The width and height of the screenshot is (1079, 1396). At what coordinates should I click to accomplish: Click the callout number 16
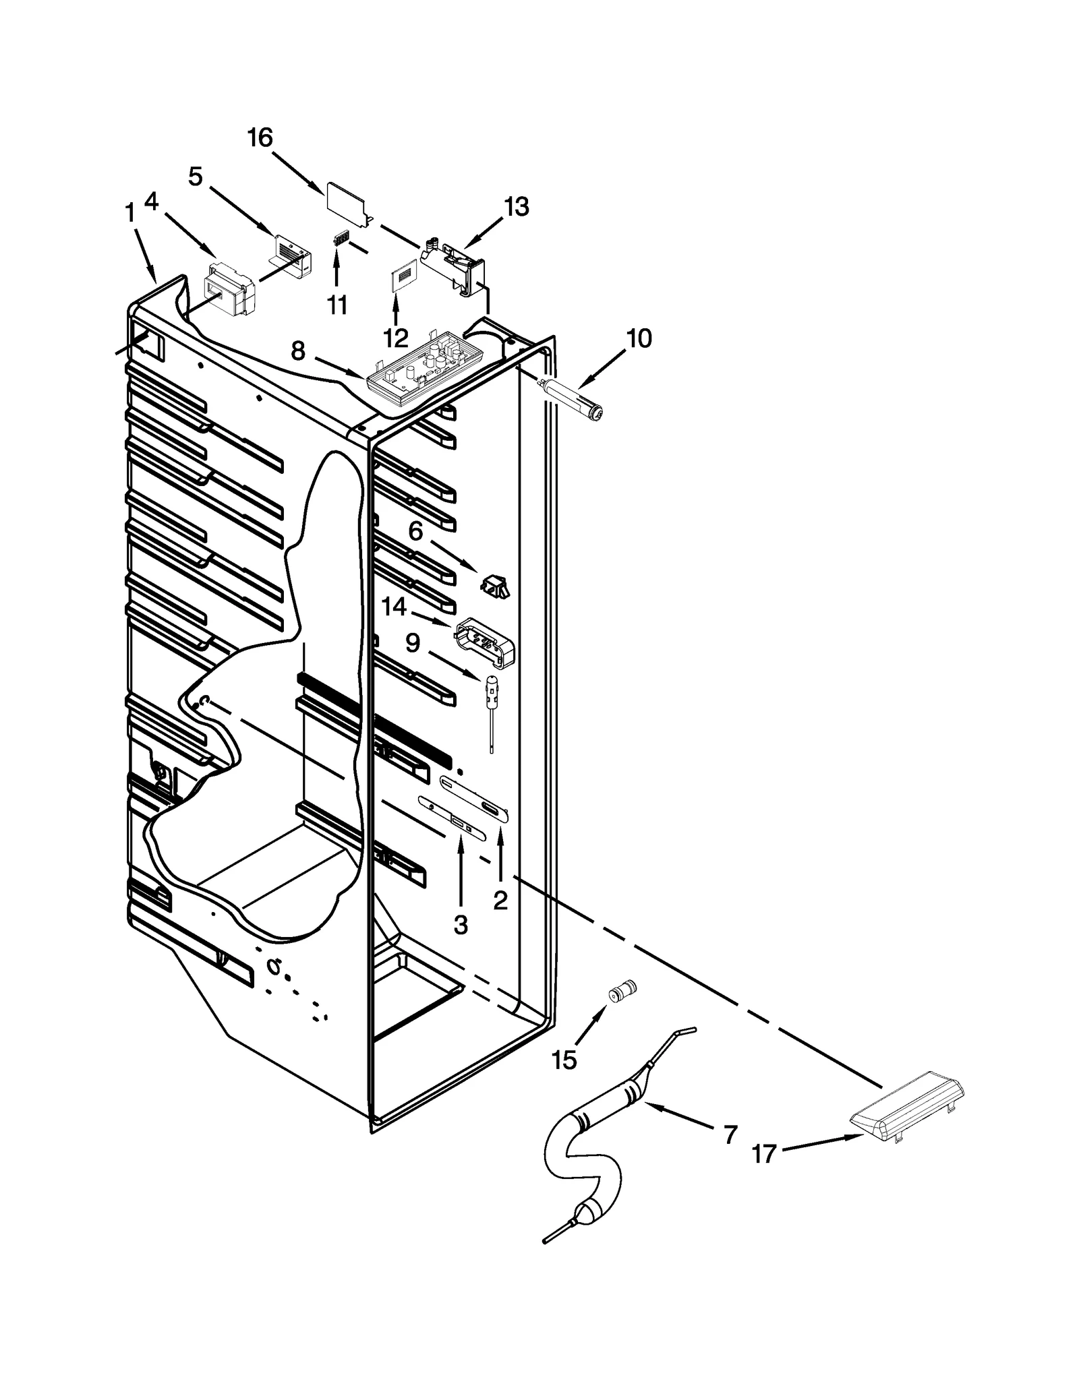click(260, 138)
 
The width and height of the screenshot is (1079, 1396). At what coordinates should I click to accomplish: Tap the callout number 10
click(638, 338)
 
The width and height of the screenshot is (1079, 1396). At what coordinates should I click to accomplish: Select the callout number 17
click(764, 1155)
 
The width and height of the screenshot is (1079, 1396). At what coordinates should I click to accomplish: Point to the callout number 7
click(730, 1134)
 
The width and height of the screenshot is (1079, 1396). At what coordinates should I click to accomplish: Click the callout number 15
click(564, 1060)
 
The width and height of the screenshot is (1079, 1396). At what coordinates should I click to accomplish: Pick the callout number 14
click(394, 607)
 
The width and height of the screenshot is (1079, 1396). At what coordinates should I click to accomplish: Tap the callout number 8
click(298, 351)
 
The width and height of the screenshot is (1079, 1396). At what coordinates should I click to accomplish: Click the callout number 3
click(460, 925)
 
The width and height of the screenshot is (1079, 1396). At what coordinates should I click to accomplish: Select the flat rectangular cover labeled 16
click(346, 199)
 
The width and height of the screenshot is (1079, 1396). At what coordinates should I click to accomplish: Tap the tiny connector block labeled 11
click(342, 239)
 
